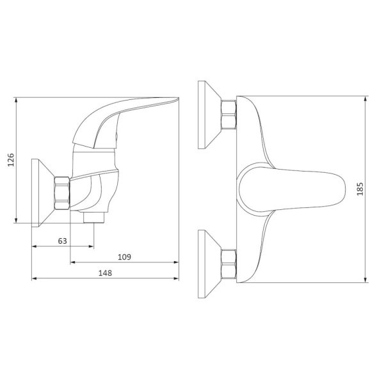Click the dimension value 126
11,160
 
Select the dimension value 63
62,241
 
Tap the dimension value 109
124,257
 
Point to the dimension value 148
105,273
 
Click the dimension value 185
360,189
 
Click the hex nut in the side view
62,193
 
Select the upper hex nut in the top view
228,115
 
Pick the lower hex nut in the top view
228,264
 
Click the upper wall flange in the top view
209,115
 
